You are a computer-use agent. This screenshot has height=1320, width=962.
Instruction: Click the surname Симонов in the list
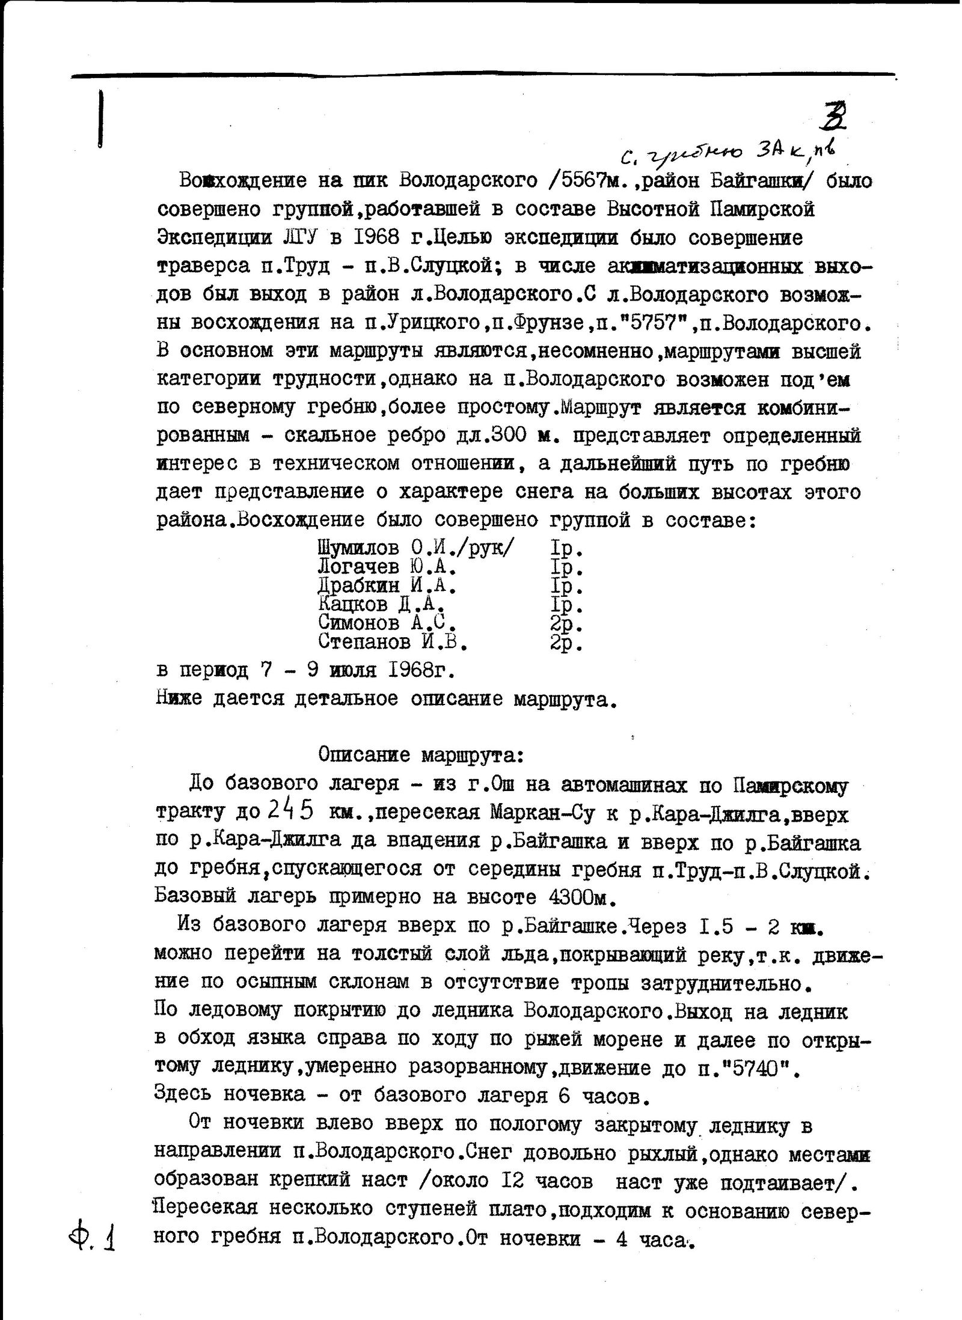(x=357, y=623)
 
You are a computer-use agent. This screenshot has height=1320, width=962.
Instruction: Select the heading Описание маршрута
(x=421, y=755)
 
